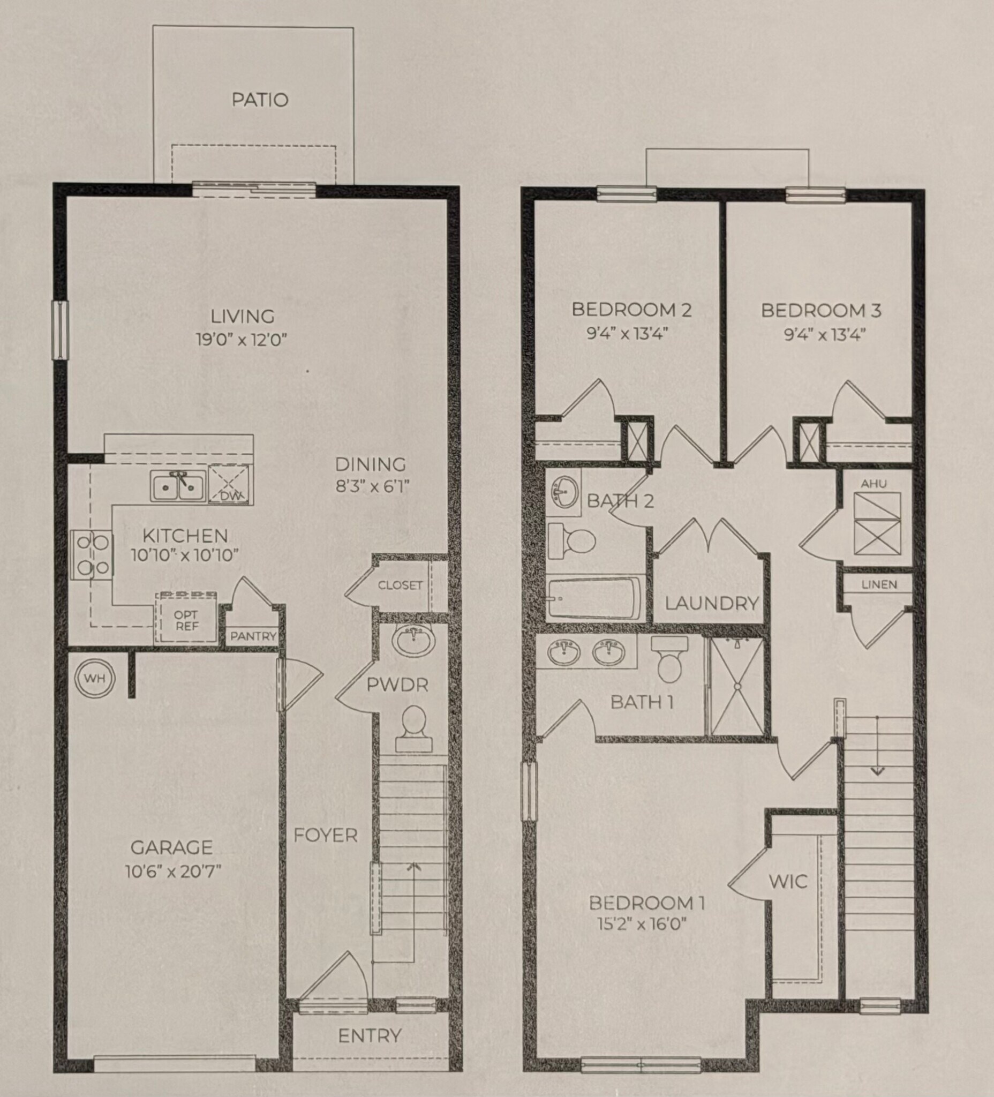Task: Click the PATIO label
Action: point(260,100)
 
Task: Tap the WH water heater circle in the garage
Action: point(95,678)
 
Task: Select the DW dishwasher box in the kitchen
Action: point(229,484)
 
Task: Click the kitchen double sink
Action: point(178,486)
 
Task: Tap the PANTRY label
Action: point(253,636)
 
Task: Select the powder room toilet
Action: point(413,728)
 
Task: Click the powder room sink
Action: point(414,642)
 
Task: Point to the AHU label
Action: point(873,483)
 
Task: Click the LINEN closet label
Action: point(879,584)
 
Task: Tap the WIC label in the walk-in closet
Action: point(788,881)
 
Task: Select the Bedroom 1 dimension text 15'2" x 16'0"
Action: point(646,923)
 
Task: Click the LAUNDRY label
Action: point(712,603)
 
